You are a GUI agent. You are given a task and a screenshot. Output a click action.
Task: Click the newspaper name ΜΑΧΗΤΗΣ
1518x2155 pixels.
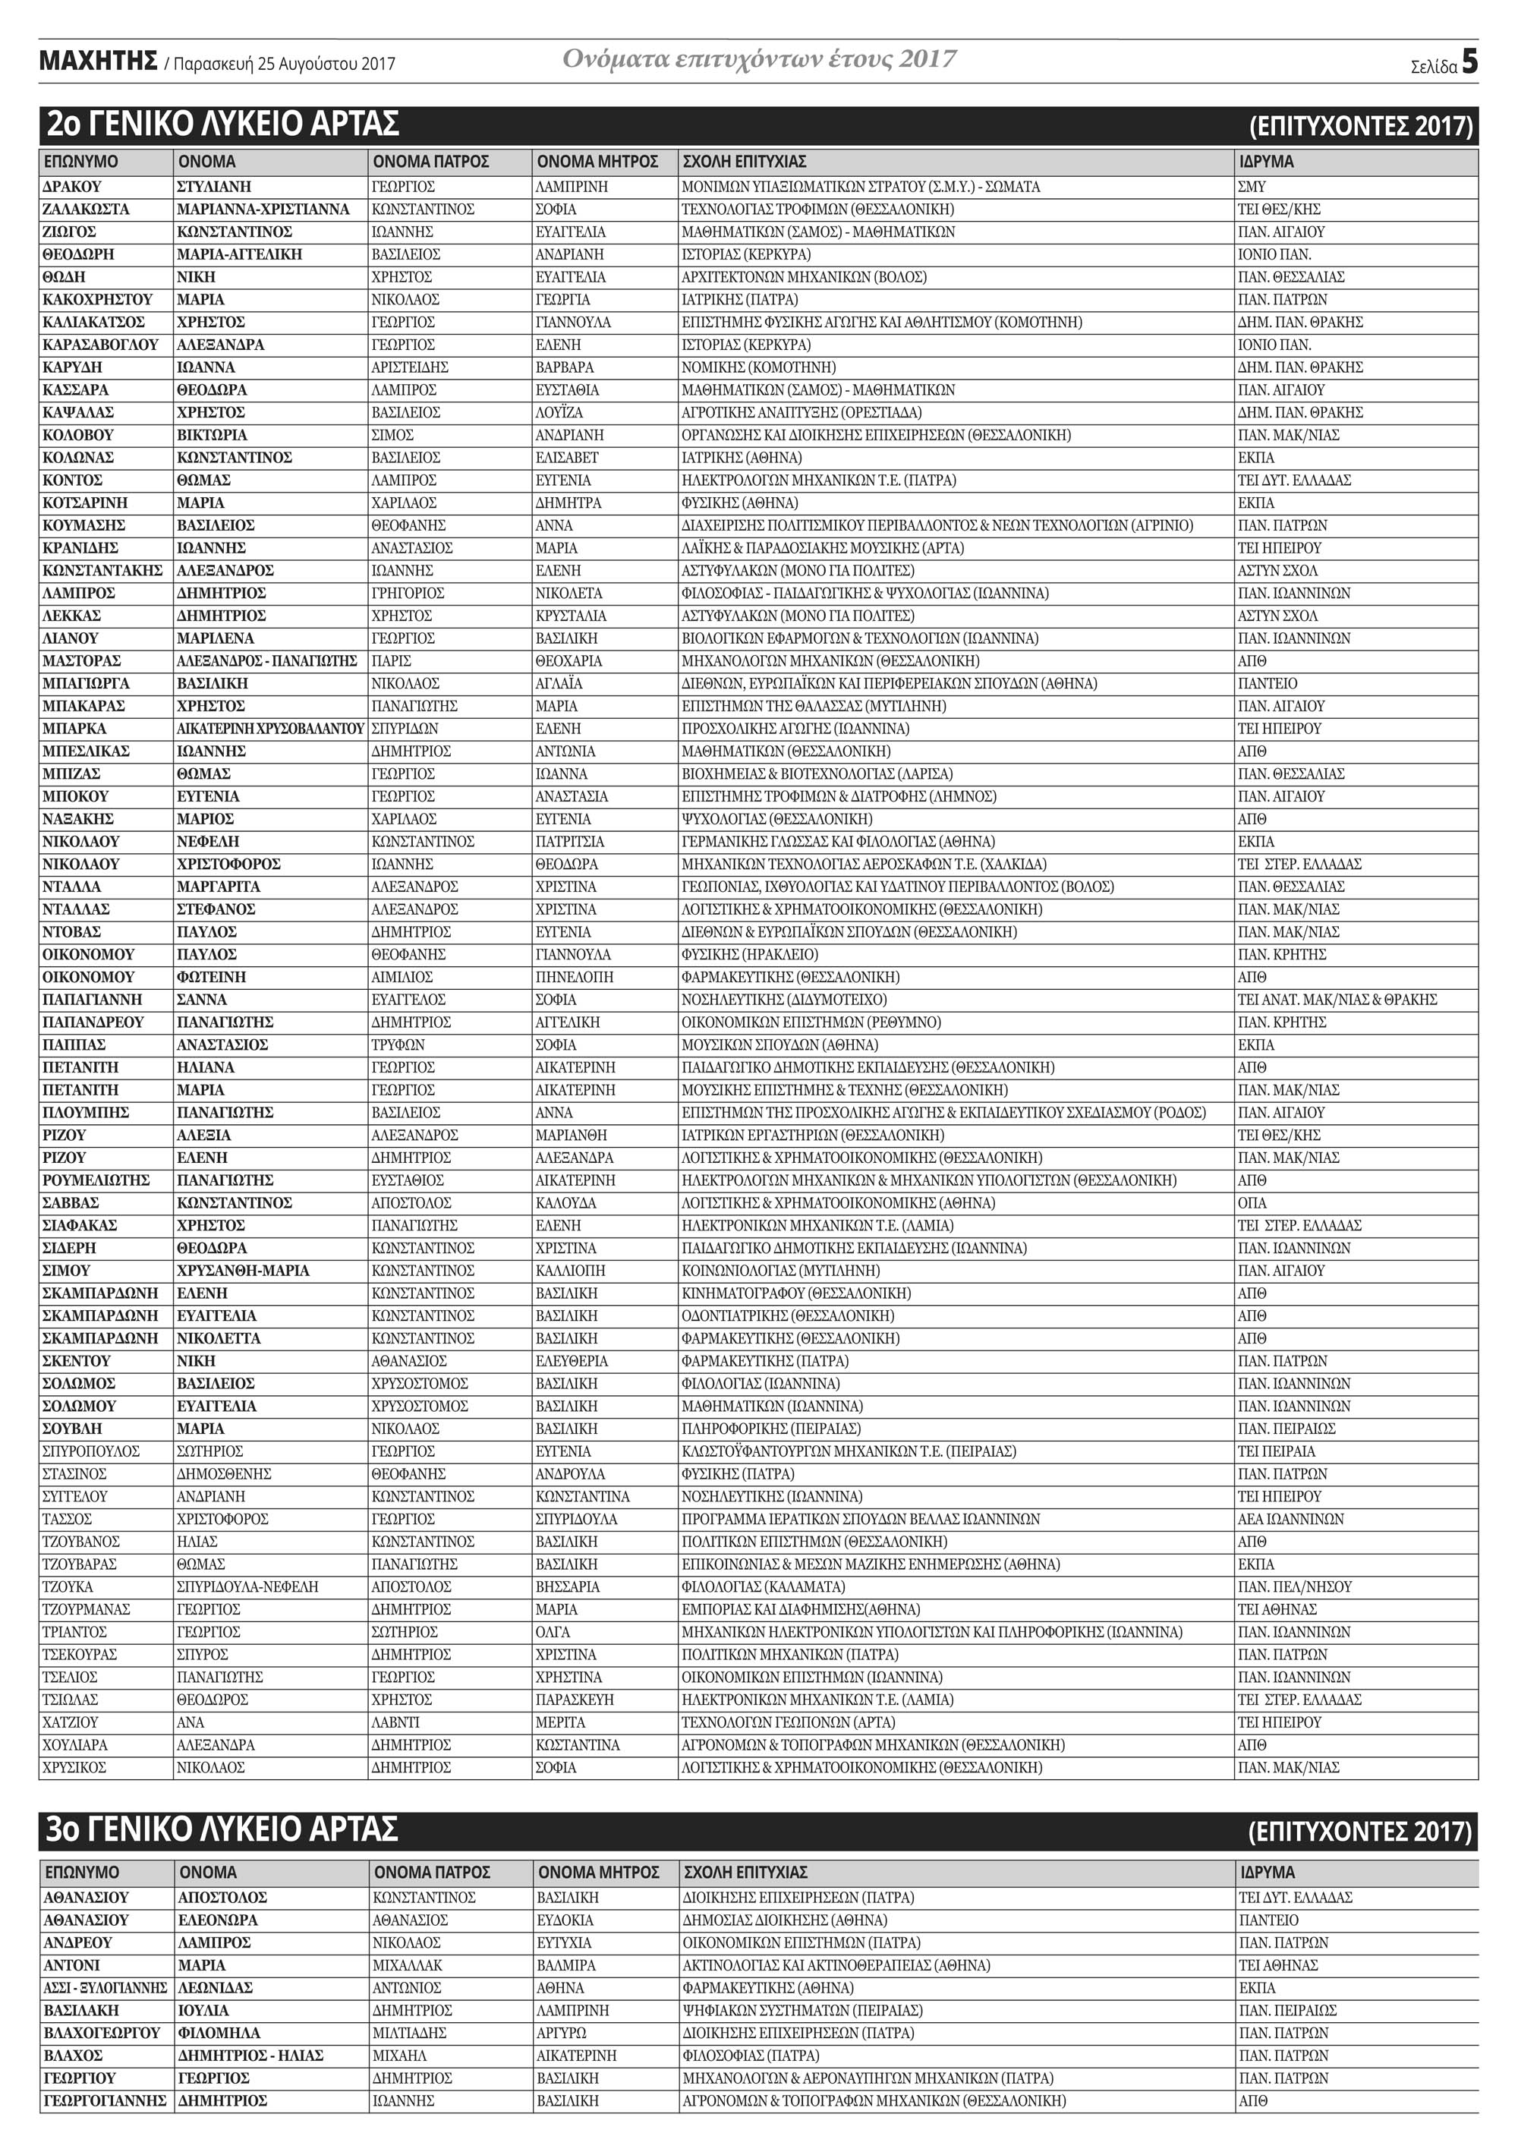98,62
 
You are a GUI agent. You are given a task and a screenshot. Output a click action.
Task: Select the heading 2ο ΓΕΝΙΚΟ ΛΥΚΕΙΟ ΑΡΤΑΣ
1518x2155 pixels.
222,124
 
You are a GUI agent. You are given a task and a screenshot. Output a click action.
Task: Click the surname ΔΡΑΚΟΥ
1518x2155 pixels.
72,187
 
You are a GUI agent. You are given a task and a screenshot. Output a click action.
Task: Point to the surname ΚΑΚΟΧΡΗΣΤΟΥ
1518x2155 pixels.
98,299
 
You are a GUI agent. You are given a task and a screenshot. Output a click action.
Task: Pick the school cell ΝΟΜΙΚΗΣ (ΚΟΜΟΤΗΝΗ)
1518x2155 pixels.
758,367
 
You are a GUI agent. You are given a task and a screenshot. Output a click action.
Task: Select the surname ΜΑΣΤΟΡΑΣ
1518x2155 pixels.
82,660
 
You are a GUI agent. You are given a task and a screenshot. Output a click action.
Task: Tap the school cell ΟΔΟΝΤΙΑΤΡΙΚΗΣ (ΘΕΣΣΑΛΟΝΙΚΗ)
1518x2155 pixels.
788,1316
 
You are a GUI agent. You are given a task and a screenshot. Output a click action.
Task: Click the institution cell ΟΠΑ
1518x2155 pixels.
1252,1203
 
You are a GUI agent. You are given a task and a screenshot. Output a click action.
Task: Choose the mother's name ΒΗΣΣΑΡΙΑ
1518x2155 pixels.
567,1587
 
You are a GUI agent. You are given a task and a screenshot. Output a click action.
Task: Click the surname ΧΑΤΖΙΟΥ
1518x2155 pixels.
71,1722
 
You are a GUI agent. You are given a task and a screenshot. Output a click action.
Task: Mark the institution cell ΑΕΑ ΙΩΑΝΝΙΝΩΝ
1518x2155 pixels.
1291,1520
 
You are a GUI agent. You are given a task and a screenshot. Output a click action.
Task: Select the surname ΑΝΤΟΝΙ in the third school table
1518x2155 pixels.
72,1965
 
